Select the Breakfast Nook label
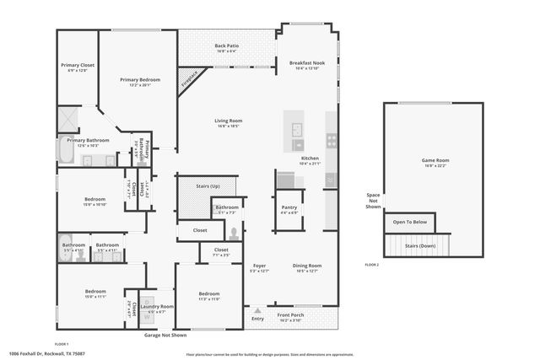(x=307, y=63)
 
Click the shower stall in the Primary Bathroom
(x=69, y=118)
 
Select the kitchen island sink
(x=298, y=130)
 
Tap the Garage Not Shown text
(x=165, y=334)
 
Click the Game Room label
(x=435, y=160)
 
